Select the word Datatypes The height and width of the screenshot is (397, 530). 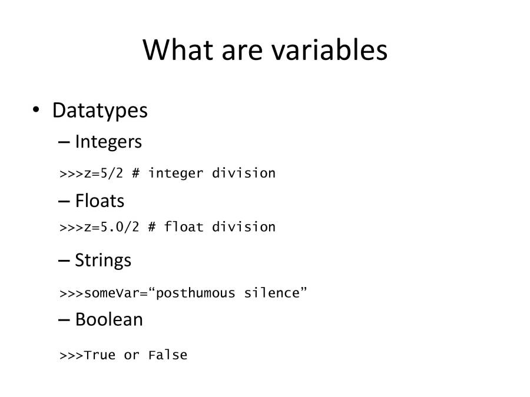[x=100, y=111]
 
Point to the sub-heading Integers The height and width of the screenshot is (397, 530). [x=108, y=142]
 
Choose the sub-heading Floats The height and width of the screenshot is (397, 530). [x=100, y=201]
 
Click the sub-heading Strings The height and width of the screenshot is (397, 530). [x=103, y=260]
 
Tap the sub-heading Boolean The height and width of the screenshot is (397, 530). [x=109, y=319]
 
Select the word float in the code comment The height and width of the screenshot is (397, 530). [x=184, y=227]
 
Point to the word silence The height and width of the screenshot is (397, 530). [x=271, y=293]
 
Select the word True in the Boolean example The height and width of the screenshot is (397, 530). [x=100, y=355]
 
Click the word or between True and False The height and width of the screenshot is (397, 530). [x=131, y=355]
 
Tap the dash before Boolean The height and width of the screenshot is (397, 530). [x=64, y=320]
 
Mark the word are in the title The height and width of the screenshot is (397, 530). [x=243, y=50]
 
